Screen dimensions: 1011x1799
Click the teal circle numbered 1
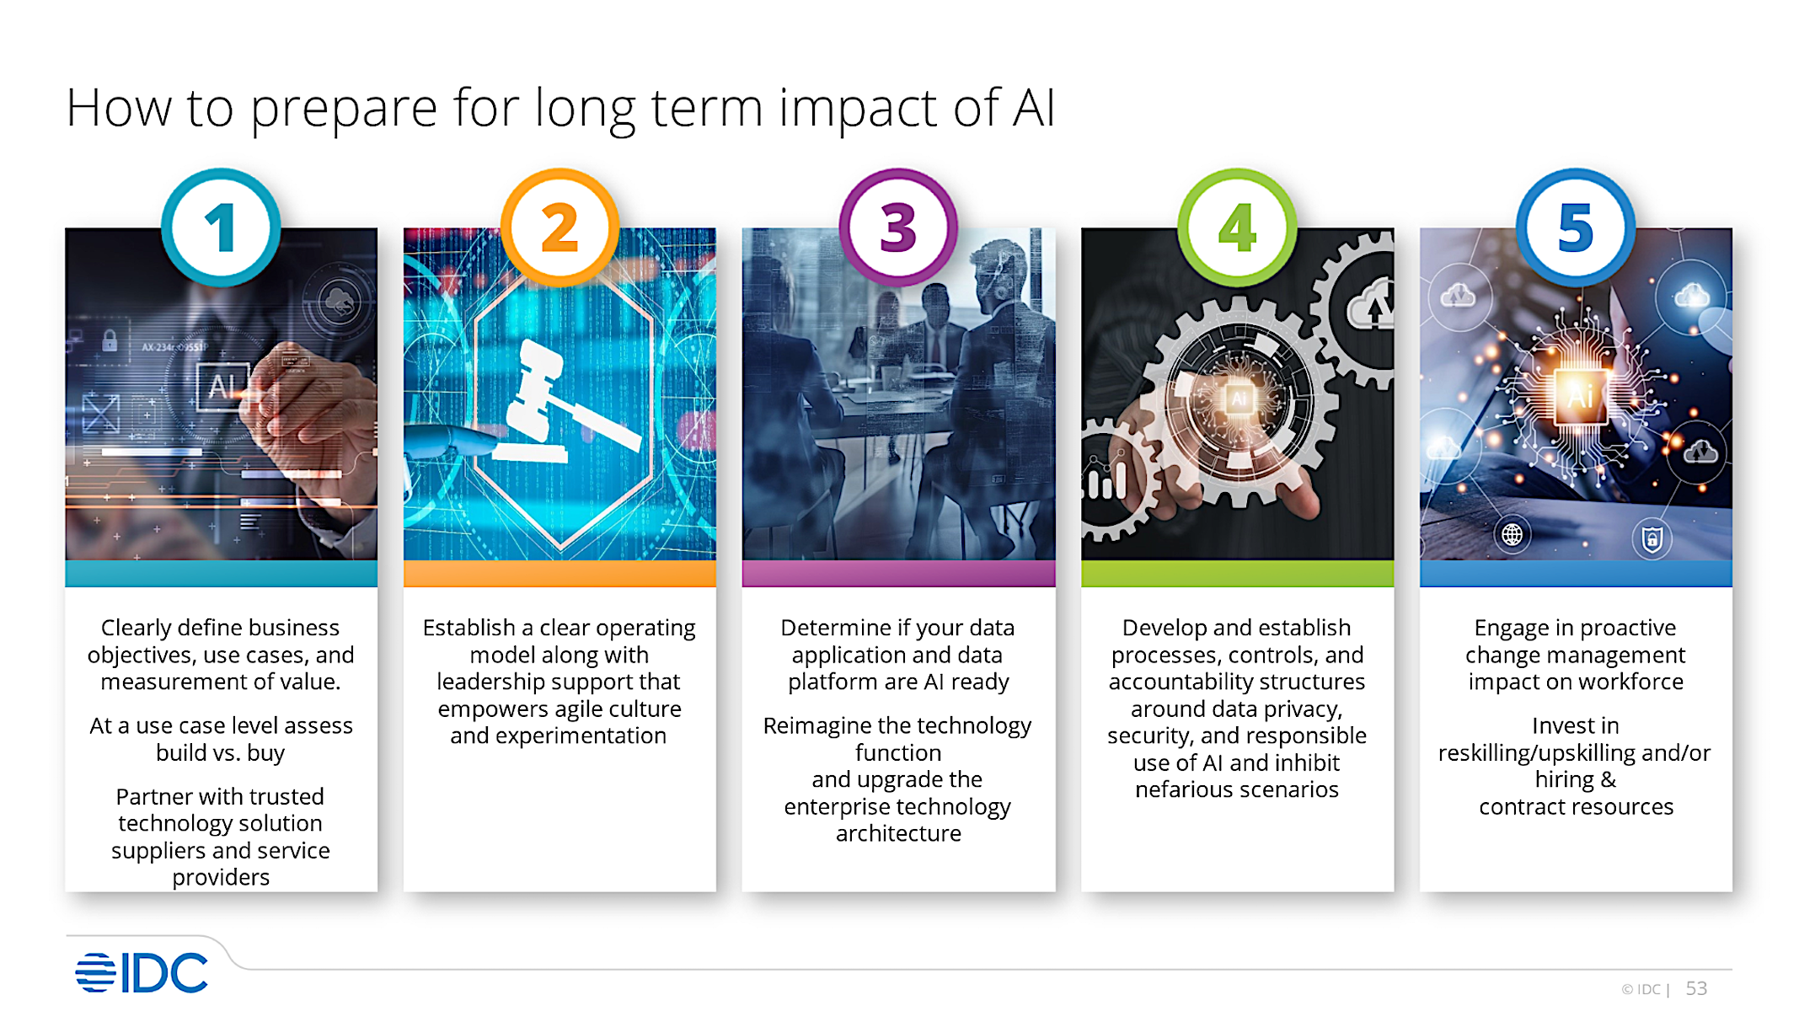point(221,227)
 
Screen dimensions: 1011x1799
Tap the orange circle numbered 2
point(560,227)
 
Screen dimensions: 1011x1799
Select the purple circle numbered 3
point(898,227)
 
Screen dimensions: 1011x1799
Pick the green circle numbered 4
point(1237,227)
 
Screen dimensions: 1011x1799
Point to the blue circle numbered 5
point(1576,227)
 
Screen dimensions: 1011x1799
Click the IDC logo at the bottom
point(142,973)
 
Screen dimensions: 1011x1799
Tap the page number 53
point(1696,988)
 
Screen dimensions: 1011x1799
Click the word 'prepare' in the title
point(343,110)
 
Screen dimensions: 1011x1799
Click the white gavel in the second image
point(560,404)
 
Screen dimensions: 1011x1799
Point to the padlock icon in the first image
point(110,340)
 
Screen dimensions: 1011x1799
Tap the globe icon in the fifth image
point(1513,534)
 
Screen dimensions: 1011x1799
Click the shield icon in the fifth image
point(1652,538)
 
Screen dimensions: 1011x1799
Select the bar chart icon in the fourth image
point(1106,481)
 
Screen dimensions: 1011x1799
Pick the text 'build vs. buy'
point(221,752)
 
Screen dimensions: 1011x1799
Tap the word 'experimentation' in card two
point(581,736)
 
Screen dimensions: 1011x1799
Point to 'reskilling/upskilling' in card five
point(1527,752)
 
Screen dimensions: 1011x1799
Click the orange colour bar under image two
point(560,574)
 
